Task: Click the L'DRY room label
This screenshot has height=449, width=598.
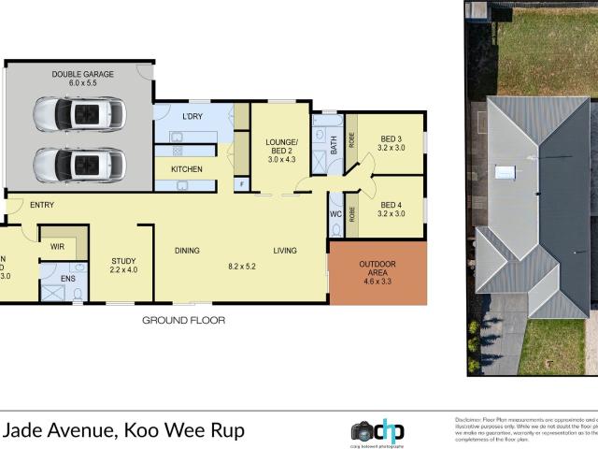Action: tap(192, 116)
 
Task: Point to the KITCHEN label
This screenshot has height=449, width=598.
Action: tap(187, 168)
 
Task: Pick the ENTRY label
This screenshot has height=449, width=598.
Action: tap(41, 205)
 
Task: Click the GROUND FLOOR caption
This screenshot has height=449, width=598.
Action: tap(183, 320)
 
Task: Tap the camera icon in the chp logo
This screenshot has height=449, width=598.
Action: tap(363, 431)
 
